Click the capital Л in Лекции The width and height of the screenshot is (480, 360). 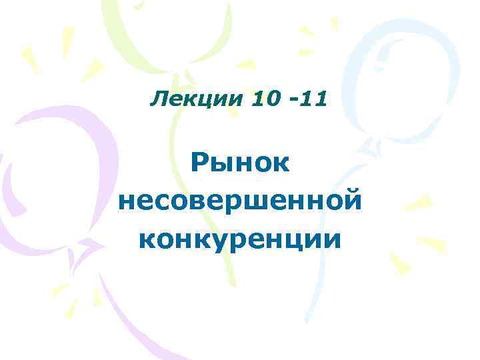159,101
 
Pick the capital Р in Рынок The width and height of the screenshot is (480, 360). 199,163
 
